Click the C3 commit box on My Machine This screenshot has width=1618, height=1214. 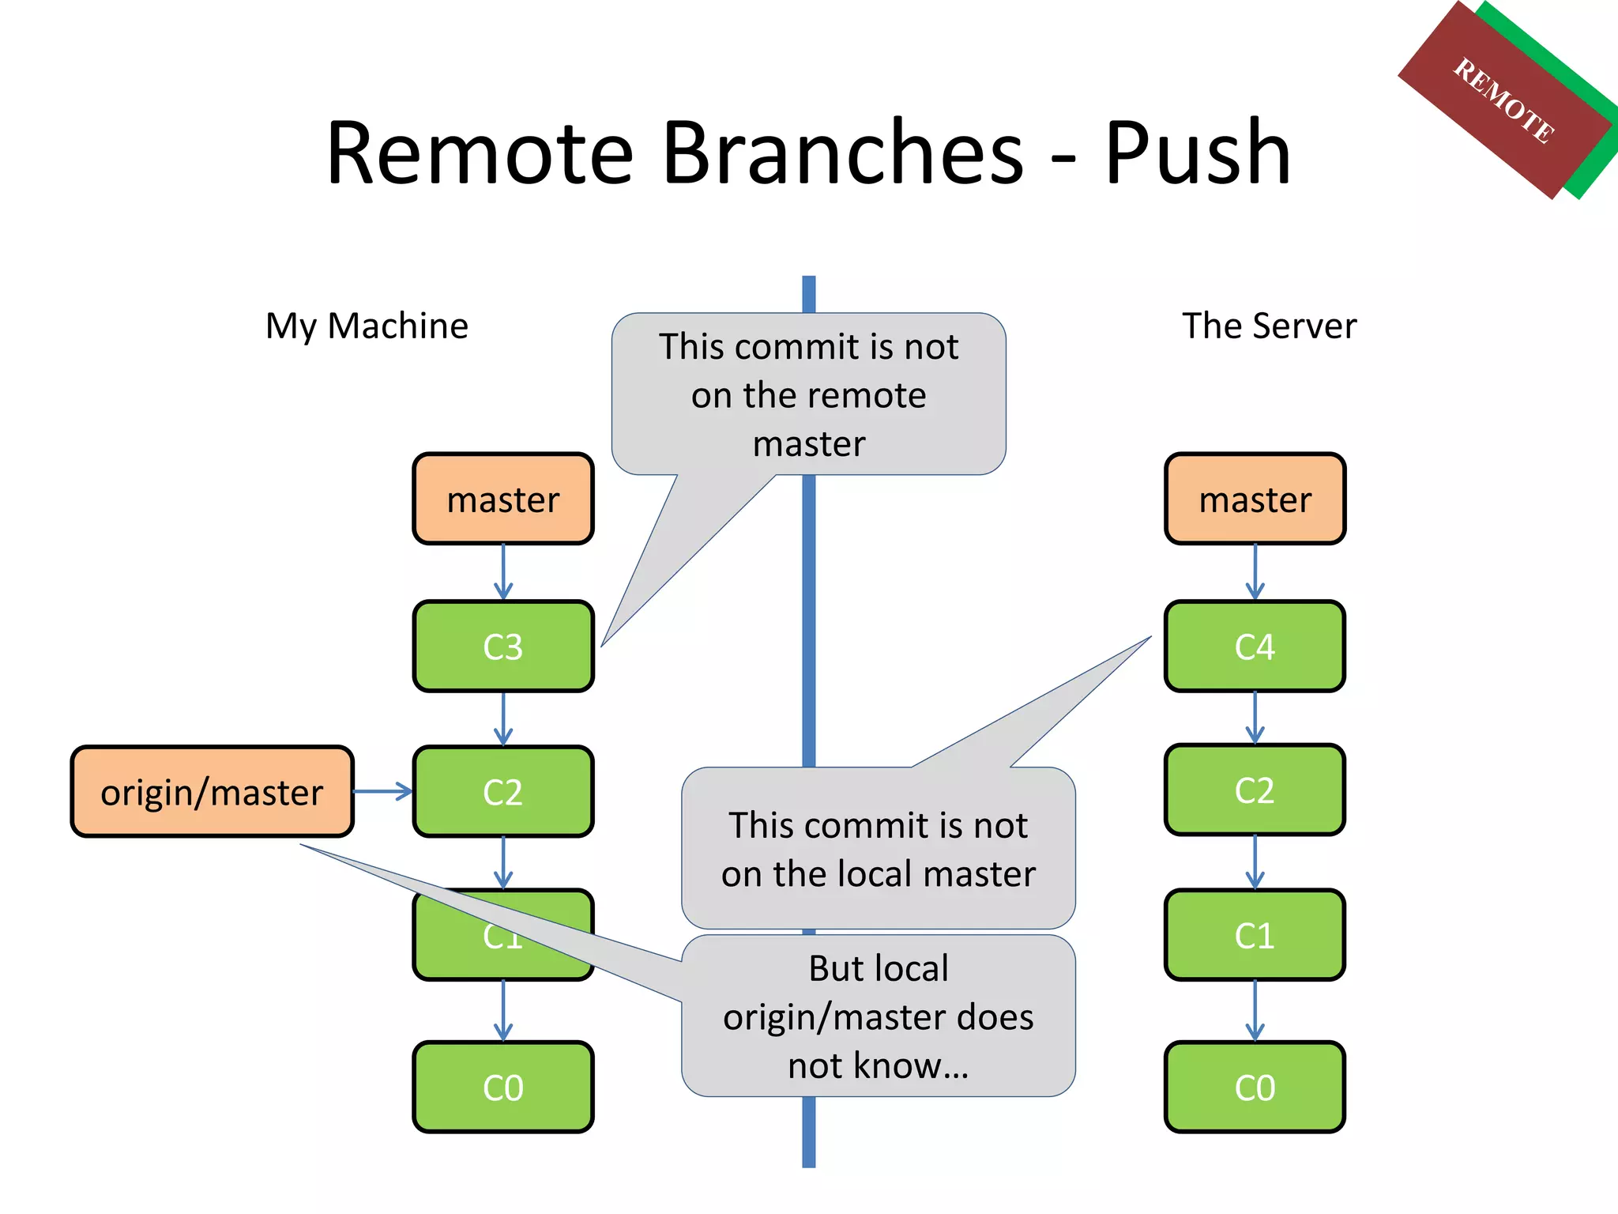click(502, 647)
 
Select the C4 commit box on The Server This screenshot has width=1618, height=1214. click(1254, 647)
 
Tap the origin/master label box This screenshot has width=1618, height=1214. click(212, 792)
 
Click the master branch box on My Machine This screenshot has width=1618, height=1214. click(502, 500)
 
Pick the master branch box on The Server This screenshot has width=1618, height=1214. click(1254, 500)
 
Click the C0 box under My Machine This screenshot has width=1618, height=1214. click(502, 1088)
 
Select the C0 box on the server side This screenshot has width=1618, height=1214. click(1254, 1088)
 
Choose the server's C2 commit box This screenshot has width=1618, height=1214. click(1254, 790)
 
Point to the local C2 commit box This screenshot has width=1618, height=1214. click(502, 792)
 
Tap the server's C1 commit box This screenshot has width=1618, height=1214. click(1254, 936)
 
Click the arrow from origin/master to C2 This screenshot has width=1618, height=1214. click(382, 791)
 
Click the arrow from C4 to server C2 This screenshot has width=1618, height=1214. click(1255, 718)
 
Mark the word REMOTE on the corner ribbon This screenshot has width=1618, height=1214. click(1503, 101)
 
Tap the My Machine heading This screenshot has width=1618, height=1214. click(367, 326)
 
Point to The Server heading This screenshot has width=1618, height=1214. click(1269, 326)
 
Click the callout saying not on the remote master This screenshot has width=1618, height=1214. click(808, 394)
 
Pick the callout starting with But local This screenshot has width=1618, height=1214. click(878, 1016)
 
